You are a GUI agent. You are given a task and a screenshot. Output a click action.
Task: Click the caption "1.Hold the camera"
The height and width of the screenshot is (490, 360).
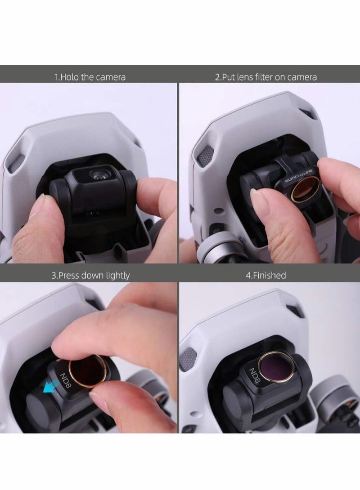(90, 77)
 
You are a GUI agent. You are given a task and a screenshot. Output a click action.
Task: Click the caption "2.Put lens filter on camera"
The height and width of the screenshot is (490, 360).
(265, 77)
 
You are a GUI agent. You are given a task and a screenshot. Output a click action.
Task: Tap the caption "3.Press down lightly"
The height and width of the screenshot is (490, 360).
(90, 275)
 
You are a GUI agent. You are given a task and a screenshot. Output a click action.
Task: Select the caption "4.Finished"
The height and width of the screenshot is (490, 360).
(265, 275)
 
